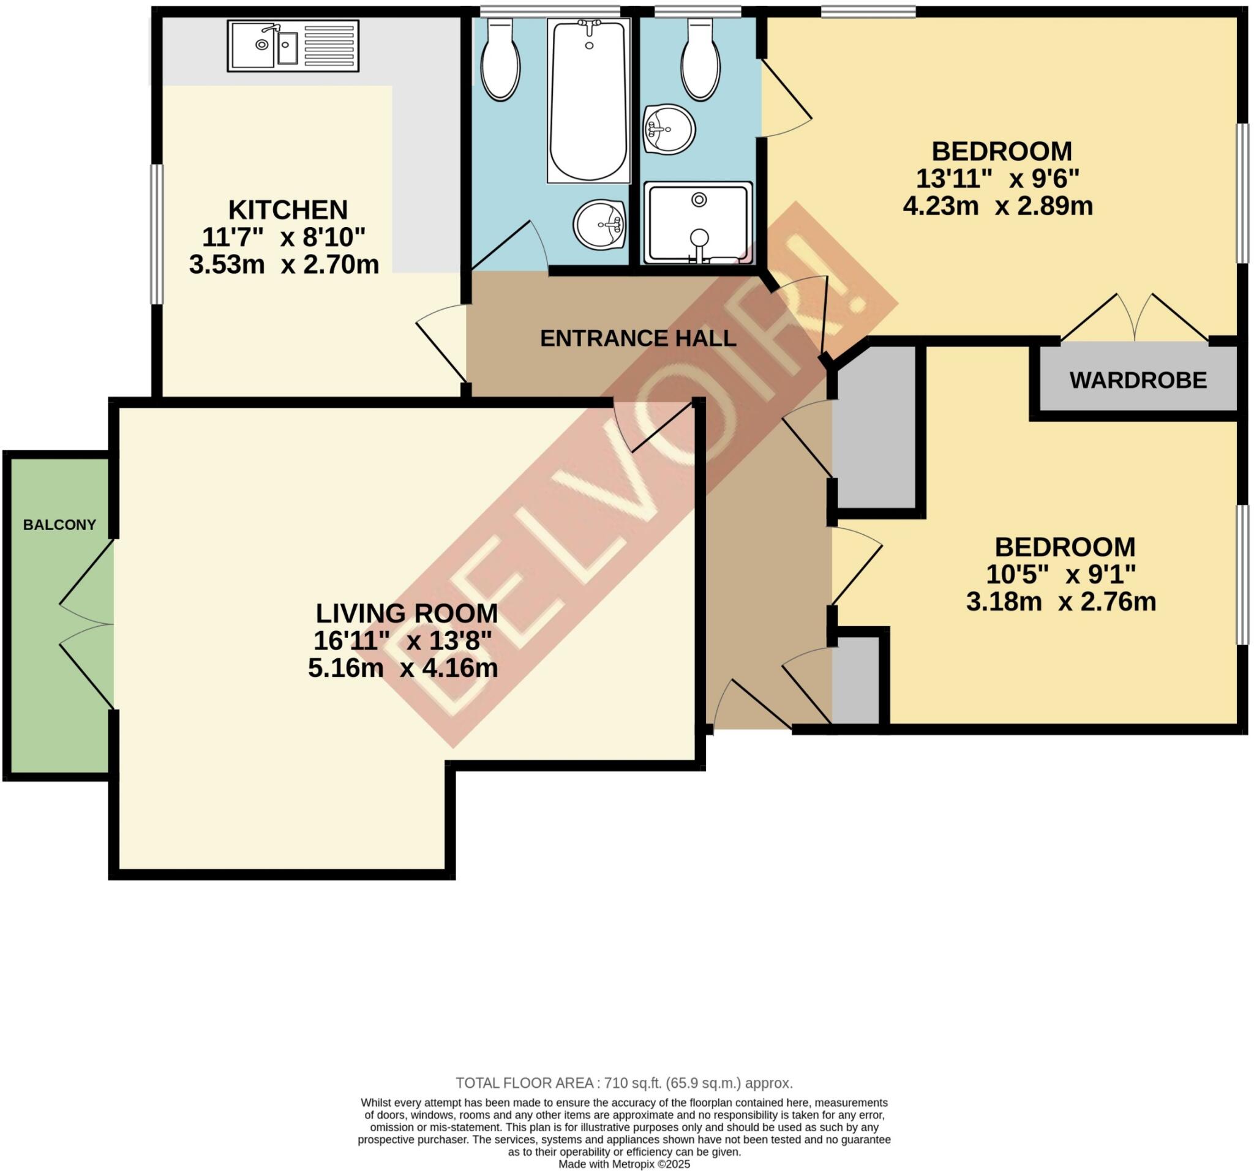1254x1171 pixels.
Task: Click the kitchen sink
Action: click(x=292, y=45)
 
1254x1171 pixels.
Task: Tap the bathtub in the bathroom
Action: click(x=588, y=101)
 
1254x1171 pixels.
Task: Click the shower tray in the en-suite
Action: click(x=697, y=224)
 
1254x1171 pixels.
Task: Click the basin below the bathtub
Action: click(x=599, y=225)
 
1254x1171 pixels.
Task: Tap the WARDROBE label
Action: click(x=1137, y=380)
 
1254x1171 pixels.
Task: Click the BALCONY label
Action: click(x=59, y=525)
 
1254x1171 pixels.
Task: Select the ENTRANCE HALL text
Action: click(x=638, y=339)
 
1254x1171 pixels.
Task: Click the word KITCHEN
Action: click(x=288, y=210)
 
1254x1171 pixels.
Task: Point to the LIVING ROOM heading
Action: click(x=406, y=613)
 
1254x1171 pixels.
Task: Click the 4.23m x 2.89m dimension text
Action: click(x=998, y=206)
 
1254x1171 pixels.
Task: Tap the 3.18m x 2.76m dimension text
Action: click(x=1061, y=602)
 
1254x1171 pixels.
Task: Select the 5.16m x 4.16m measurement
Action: click(x=402, y=668)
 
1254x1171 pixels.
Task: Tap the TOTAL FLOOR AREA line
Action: click(x=624, y=1083)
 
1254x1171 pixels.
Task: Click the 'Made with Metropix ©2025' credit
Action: click(x=624, y=1164)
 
